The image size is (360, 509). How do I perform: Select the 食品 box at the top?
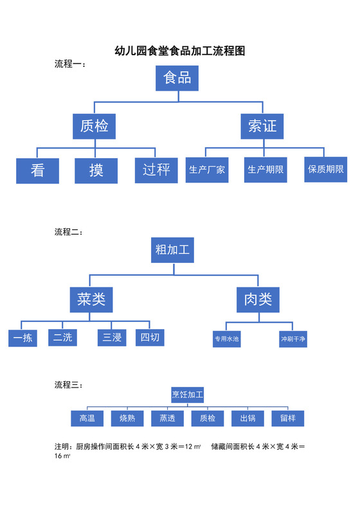(177, 78)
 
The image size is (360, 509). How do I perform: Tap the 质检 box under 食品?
(94, 126)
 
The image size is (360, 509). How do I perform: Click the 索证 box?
(262, 126)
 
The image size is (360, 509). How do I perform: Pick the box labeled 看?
(38, 171)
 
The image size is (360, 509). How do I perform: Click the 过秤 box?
(156, 170)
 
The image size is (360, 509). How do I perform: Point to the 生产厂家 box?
(207, 170)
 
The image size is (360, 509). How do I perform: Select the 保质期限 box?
(325, 170)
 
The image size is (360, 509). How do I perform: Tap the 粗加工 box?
(173, 249)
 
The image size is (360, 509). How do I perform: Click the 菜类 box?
(91, 299)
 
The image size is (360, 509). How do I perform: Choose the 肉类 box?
(258, 299)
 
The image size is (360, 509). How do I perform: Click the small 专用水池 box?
(226, 339)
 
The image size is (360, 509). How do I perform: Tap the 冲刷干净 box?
(292, 339)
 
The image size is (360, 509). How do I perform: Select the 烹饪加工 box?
(187, 393)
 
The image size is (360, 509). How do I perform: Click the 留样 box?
(287, 418)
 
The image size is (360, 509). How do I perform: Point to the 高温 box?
(87, 418)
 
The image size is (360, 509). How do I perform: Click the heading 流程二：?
(68, 231)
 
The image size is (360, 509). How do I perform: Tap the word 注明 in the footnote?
(63, 446)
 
